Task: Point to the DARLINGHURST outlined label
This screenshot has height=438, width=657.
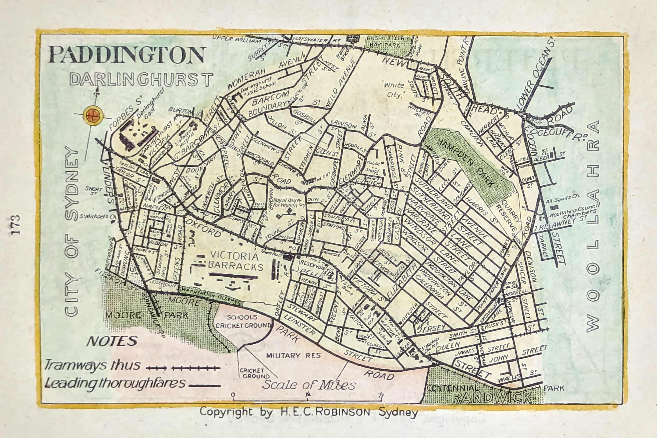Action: pos(141,79)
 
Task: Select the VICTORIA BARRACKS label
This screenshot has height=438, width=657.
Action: pos(235,261)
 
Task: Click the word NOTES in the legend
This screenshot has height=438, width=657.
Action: pos(112,341)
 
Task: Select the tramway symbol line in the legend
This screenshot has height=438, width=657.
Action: pos(183,368)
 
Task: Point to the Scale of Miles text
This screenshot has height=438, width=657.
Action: pos(309,385)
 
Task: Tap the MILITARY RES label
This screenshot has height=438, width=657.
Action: pos(293,356)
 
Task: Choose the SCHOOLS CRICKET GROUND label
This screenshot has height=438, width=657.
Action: pos(243,321)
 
